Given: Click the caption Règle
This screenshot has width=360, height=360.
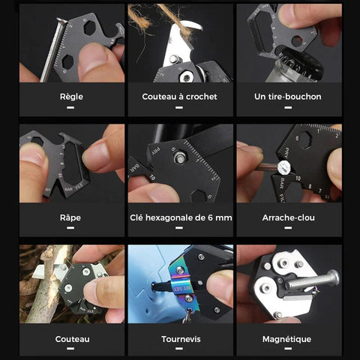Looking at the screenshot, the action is click(71, 97).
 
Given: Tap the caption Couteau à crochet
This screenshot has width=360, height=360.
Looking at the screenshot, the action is click(179, 97).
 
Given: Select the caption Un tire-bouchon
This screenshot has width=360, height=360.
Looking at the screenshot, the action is click(288, 97).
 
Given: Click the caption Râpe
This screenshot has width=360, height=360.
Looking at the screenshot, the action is click(70, 217).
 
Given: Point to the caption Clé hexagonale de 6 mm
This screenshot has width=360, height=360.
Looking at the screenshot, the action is click(181, 217).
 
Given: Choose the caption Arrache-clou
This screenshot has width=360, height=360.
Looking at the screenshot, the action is click(289, 217).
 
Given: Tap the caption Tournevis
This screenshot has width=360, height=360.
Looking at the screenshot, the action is click(181, 339).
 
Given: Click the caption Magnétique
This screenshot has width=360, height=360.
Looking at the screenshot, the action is click(287, 339).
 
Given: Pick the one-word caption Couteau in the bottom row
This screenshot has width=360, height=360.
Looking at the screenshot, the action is click(72, 339).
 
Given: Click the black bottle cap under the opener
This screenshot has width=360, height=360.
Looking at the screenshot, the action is click(301, 61).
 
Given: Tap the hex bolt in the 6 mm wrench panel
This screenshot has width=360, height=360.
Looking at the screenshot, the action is click(180, 157).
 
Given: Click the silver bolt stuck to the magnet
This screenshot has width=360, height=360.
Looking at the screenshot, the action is click(313, 281).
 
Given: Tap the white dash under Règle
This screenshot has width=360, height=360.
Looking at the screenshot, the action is click(70, 107).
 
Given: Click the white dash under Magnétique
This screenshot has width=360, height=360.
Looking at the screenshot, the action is click(288, 348).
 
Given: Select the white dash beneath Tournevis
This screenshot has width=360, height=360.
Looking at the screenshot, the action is click(179, 348).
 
